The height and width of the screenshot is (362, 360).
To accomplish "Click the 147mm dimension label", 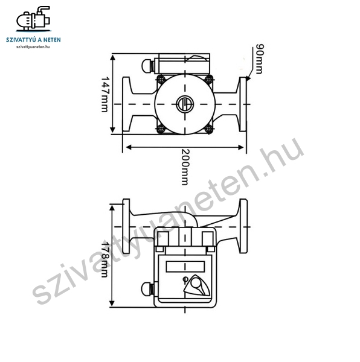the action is pyautogui.click(x=104, y=95).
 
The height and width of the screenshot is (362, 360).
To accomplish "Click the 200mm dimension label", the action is pyautogui.click(x=185, y=167).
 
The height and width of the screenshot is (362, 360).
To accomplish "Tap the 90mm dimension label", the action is pyautogui.click(x=260, y=59).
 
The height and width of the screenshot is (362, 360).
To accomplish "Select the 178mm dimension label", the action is pyautogui.click(x=104, y=259).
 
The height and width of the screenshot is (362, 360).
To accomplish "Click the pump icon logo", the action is pyautogui.click(x=33, y=19).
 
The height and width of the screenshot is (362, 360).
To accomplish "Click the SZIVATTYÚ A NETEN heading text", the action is pyautogui.click(x=33, y=40).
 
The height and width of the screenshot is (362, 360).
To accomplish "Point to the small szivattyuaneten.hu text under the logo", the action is pyautogui.click(x=33, y=46).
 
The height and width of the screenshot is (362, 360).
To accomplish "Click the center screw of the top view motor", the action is pyautogui.click(x=185, y=104).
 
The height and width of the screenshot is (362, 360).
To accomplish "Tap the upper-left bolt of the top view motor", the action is pyautogui.click(x=161, y=80).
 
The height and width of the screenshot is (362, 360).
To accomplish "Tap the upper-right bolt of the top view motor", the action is pyautogui.click(x=209, y=80).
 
